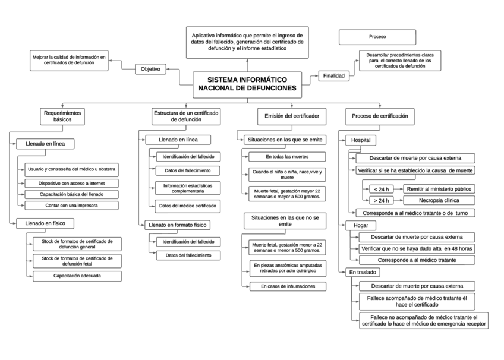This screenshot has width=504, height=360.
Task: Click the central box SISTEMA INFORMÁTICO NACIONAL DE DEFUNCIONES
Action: point(247,84)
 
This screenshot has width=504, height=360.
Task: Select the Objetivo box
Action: point(150,69)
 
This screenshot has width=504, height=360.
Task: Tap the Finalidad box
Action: point(333,75)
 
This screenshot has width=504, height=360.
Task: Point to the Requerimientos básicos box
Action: point(62,116)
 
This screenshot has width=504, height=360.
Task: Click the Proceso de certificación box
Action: point(380,116)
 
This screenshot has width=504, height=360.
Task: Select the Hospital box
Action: point(361,140)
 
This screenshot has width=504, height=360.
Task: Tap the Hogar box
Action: point(361,226)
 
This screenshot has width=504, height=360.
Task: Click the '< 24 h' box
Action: point(378,189)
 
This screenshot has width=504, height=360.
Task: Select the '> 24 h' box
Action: point(378,201)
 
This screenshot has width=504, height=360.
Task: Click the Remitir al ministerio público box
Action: point(439,189)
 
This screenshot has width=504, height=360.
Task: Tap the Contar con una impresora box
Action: point(71,206)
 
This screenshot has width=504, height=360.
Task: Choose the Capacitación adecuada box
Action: point(77,276)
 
